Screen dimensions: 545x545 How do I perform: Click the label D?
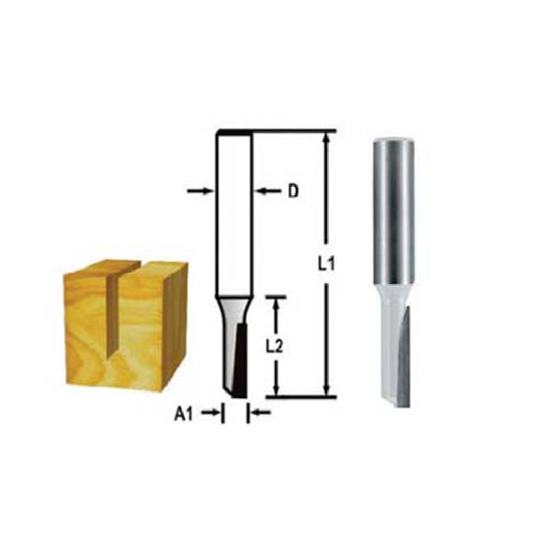point(293,191)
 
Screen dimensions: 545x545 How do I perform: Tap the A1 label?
point(184,415)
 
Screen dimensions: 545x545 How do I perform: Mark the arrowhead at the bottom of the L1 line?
point(326,390)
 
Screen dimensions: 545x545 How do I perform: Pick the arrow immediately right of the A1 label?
point(210,414)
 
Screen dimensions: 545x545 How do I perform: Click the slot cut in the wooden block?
point(114,311)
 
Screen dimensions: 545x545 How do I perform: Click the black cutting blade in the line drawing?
point(240,360)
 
